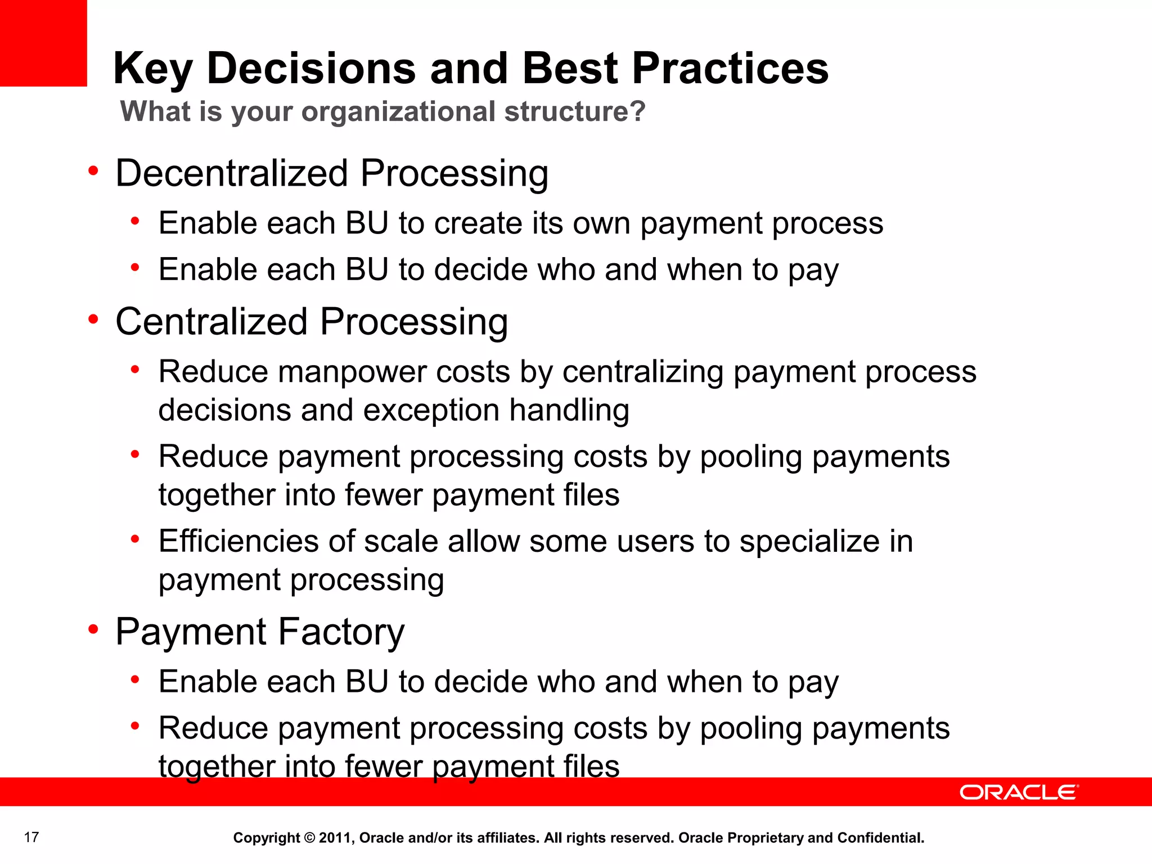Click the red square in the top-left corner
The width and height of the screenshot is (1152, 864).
[x=43, y=43]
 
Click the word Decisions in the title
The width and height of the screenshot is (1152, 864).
[x=311, y=68]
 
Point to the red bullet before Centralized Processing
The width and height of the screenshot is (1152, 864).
[x=93, y=319]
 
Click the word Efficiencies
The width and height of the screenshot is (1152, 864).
[x=238, y=541]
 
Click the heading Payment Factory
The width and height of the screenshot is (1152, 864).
[x=260, y=631]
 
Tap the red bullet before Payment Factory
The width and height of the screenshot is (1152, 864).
[x=93, y=629]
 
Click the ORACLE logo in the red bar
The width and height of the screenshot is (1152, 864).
[x=1018, y=792]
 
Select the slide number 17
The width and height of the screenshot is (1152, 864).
[x=31, y=837]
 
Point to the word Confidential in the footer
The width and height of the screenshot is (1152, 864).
[x=880, y=838]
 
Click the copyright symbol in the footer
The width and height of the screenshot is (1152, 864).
[x=309, y=838]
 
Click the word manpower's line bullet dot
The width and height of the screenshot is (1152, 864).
[x=134, y=370]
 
